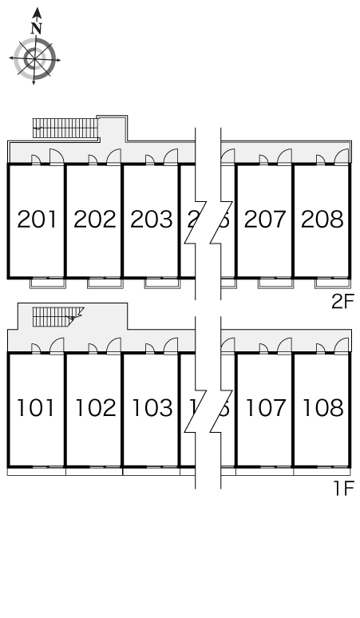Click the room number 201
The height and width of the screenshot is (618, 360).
tap(37, 219)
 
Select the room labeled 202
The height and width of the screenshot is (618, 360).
tap(94, 219)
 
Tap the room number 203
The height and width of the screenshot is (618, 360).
tap(151, 219)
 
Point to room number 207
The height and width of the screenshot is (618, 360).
tap(265, 219)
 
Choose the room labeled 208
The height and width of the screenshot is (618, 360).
tap(322, 219)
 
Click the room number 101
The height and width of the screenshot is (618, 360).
tap(37, 408)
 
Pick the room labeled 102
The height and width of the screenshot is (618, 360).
tap(94, 408)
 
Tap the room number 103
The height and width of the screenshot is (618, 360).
tap(151, 408)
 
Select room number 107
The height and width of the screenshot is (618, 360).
tap(265, 408)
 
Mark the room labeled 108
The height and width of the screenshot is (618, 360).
tap(322, 408)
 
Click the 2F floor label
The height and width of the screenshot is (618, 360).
tap(343, 302)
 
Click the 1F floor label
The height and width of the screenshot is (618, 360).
tap(343, 487)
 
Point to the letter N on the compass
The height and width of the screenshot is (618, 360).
tap(36, 28)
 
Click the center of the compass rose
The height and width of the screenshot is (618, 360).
tap(34, 58)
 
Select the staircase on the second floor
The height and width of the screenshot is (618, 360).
tap(64, 126)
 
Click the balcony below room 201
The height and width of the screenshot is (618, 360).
tap(48, 282)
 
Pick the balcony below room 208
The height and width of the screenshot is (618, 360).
tap(333, 282)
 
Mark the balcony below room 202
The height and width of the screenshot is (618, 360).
tap(105, 282)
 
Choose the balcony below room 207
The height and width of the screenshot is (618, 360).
tap(276, 282)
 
